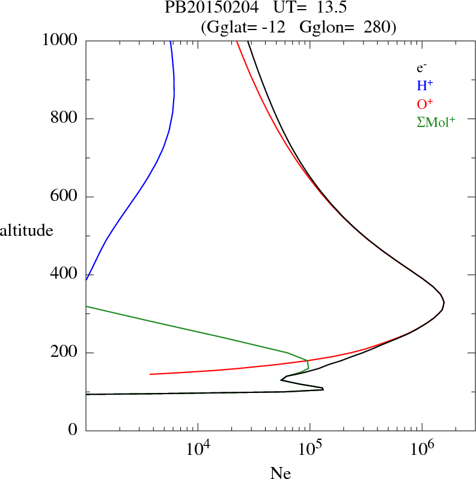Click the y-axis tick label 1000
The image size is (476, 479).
tap(60, 40)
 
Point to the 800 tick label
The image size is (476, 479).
tap(64, 119)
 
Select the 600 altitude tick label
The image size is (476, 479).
tap(64, 197)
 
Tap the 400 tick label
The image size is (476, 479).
tap(64, 274)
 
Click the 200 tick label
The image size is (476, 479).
tap(64, 353)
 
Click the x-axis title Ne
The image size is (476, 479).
tap(280, 473)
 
